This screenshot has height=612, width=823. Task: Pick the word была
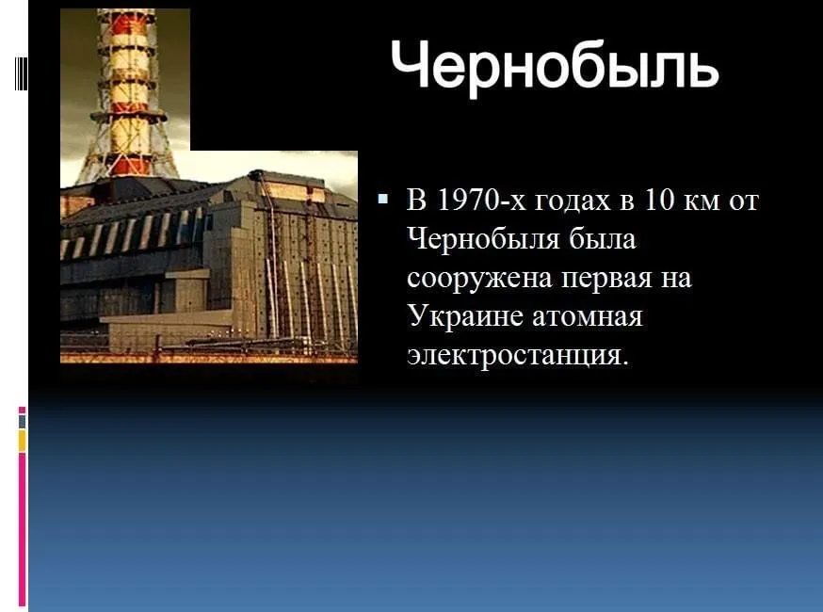[603, 239]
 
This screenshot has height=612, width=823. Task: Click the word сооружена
[478, 279]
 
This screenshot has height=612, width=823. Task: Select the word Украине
[465, 316]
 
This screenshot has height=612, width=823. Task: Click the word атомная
[588, 317]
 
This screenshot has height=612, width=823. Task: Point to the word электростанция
[517, 355]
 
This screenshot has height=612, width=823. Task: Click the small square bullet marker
[383, 199]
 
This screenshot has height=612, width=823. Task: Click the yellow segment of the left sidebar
[22, 441]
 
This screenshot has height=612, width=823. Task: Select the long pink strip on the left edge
[22, 529]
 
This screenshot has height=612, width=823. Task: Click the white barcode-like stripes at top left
[21, 72]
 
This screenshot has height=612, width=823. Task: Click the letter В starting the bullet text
[417, 200]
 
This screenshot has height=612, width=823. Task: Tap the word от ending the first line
[744, 203]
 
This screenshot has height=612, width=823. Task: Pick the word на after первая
[676, 279]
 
